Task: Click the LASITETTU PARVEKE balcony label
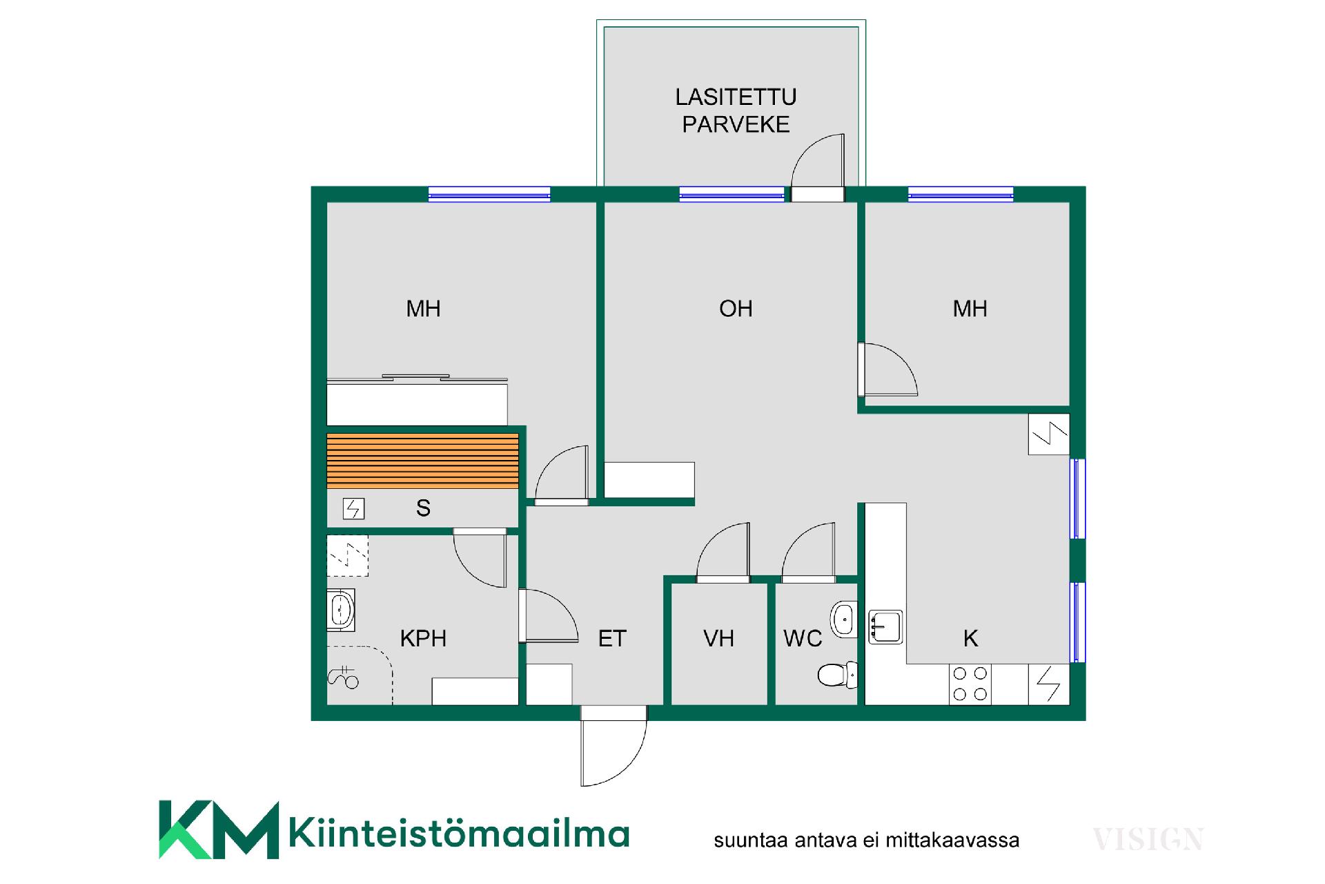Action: tap(736, 110)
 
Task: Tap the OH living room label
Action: tap(736, 309)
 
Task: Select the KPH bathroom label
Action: tap(423, 638)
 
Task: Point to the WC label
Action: tap(803, 638)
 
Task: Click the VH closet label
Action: tap(718, 638)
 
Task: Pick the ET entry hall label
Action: tap(612, 638)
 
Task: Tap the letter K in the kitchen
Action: tap(970, 638)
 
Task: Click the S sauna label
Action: tap(423, 508)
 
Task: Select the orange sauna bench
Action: tap(422, 461)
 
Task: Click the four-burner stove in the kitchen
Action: tap(970, 684)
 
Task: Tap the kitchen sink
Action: tap(885, 626)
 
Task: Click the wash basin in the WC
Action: tap(844, 619)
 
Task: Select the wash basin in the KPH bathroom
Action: tap(342, 610)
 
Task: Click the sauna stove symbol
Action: tap(353, 509)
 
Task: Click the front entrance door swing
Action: tap(614, 746)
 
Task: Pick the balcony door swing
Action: tap(818, 161)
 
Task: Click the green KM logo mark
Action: tap(219, 829)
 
